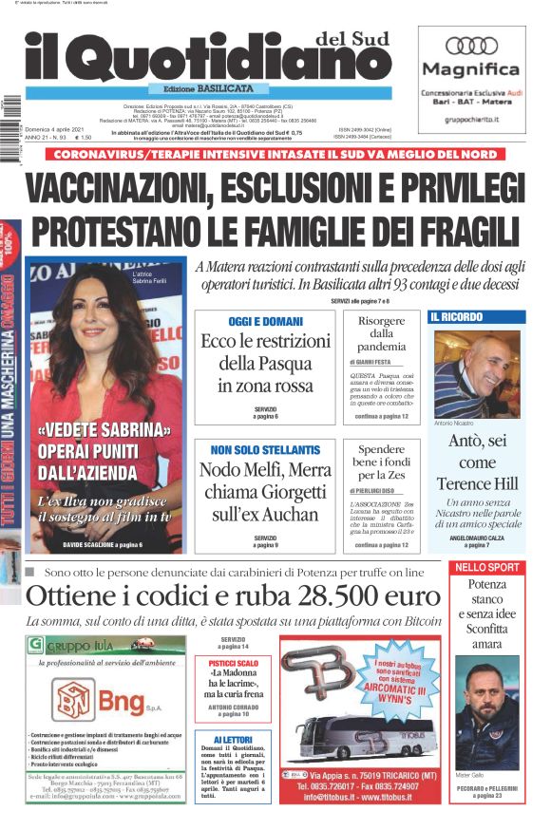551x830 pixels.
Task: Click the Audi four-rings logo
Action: coord(472,45)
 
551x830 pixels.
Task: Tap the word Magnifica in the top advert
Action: coord(471,69)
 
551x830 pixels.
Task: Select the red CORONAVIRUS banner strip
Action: coord(275,154)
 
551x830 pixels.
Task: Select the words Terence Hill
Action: coord(477,483)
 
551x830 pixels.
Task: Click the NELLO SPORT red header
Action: coord(486,567)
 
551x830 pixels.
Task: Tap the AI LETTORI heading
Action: coord(234,740)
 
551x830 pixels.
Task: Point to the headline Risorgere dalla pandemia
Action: coord(380,333)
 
